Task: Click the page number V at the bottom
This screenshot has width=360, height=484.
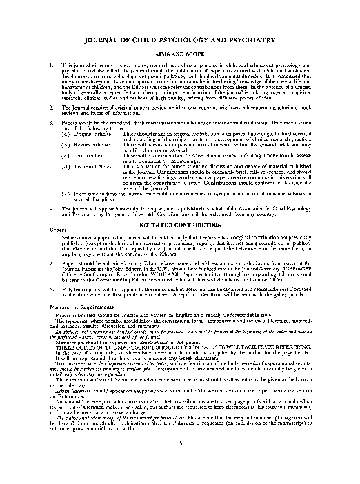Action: pyautogui.click(x=181, y=461)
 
